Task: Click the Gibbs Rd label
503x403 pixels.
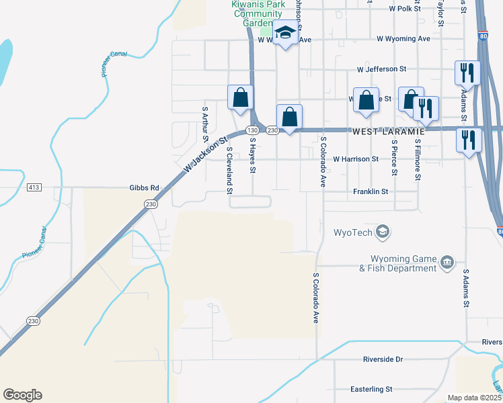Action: coord(145,187)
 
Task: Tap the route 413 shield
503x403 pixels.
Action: coord(34,187)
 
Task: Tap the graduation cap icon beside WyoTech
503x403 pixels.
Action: coord(383,232)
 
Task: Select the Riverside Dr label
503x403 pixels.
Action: coord(383,359)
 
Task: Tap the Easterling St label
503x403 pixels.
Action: coord(371,389)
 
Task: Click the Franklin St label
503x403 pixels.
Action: coord(371,191)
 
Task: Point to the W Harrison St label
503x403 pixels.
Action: coord(356,159)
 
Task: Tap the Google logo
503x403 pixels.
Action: coord(22,395)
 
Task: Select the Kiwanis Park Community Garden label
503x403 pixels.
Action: coord(257,13)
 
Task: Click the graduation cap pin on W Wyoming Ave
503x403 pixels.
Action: coord(285,34)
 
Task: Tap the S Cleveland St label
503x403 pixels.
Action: coord(230,171)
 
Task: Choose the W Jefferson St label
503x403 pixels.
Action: coord(382,69)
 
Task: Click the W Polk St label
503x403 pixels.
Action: coord(404,9)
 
